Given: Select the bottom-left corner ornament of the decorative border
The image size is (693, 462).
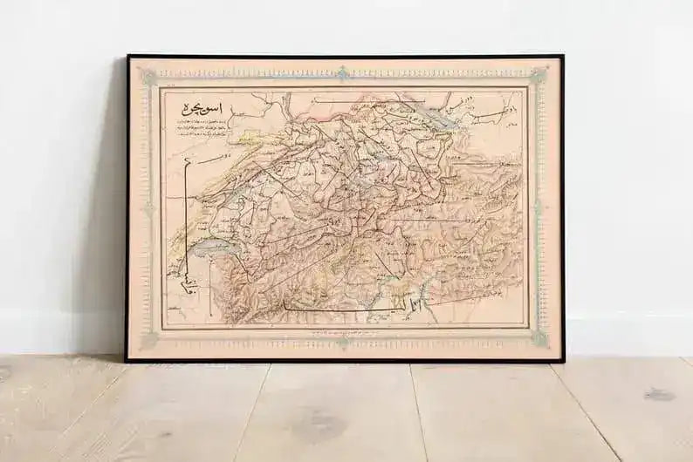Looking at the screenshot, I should point(149,340).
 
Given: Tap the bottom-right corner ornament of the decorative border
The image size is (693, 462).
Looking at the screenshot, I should point(539,338).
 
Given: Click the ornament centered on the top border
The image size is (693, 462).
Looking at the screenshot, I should point(343,73).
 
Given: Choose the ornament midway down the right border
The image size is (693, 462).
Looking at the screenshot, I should point(539,209).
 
